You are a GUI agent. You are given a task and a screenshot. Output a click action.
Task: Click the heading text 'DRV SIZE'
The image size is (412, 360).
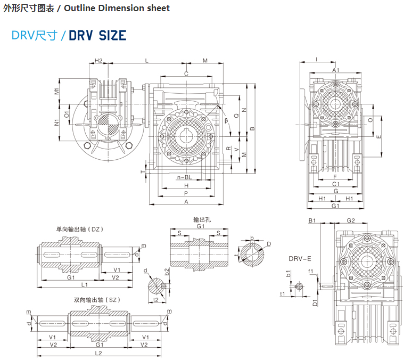click(97, 36)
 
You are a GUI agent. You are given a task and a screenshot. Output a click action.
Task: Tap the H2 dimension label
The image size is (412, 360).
click(98, 61)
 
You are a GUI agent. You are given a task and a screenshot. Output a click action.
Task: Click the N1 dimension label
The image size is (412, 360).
click(57, 122)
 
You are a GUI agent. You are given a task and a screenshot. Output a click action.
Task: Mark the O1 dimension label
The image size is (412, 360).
click(67, 113)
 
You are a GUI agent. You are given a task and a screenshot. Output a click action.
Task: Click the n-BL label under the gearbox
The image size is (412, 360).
click(185, 177)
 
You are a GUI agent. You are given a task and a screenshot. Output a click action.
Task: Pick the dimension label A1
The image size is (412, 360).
click(336, 70)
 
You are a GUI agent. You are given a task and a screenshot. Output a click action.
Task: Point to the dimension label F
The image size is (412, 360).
click(334, 176)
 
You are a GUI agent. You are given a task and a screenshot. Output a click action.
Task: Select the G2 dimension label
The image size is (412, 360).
click(351, 220)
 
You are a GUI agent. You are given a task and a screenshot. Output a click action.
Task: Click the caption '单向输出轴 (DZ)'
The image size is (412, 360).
click(80, 229)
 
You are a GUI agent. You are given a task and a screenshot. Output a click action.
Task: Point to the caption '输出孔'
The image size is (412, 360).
click(201, 219)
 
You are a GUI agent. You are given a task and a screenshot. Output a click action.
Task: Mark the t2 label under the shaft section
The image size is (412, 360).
click(156, 300)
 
